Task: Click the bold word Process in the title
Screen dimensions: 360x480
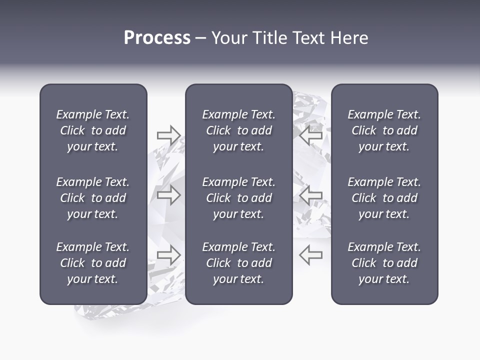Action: [157, 38]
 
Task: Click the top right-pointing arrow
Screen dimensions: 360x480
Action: [168, 135]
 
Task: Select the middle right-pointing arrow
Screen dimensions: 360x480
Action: [168, 195]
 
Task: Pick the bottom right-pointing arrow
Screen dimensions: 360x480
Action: [168, 255]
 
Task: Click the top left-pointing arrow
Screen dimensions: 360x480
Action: [310, 135]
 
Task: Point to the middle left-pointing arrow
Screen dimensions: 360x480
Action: [310, 195]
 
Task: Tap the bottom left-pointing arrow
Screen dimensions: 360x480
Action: [310, 255]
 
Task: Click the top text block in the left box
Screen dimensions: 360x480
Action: [93, 130]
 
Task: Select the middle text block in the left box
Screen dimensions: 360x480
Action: [93, 198]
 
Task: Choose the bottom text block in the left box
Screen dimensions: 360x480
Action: [93, 263]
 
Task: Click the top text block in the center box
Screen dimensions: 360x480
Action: [238, 130]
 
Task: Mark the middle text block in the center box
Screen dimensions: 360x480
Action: [238, 198]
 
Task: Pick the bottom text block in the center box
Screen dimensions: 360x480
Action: [238, 263]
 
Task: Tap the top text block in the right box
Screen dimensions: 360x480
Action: [384, 130]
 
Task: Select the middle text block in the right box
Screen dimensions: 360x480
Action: [384, 198]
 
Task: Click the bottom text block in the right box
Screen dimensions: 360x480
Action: [384, 263]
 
